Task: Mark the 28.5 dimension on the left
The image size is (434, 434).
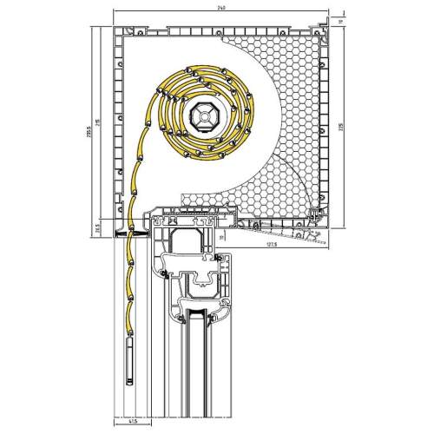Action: [x=98, y=228]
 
